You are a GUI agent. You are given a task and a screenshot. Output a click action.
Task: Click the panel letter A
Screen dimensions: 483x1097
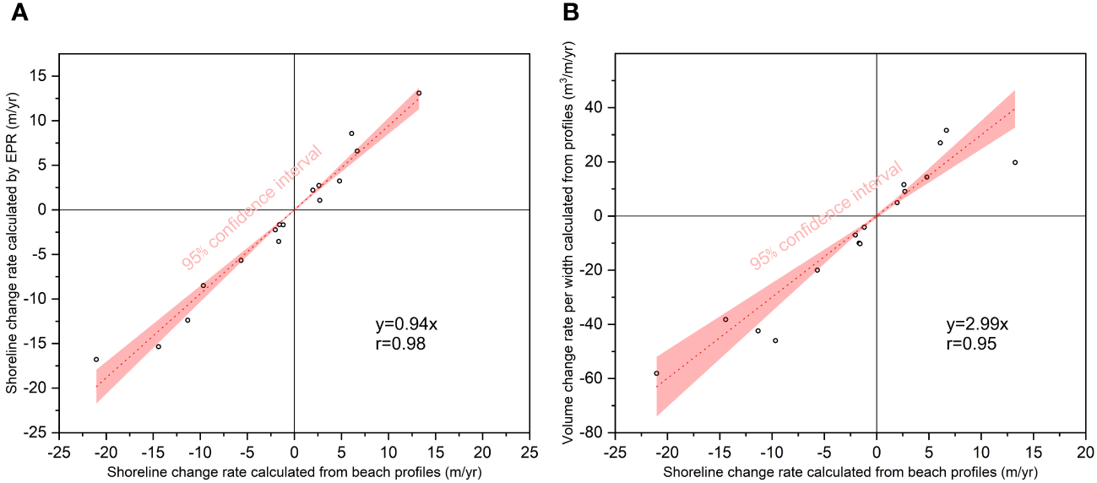18,14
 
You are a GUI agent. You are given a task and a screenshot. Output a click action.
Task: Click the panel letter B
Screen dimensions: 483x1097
571,14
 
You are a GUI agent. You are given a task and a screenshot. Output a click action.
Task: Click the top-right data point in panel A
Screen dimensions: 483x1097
419,93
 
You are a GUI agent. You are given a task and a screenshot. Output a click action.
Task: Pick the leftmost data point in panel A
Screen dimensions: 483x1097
96,359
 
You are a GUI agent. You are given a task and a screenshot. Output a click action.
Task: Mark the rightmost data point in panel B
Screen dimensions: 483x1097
1015,162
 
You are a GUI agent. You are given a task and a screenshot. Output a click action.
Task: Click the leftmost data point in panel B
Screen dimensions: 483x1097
656,372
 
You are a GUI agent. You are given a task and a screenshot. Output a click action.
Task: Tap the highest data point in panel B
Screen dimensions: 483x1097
946,130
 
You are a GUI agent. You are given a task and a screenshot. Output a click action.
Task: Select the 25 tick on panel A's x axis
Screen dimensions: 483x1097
529,451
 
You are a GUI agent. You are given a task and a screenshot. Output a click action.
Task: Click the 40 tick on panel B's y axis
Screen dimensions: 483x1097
598,108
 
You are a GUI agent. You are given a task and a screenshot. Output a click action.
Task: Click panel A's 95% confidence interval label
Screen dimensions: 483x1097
252,208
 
